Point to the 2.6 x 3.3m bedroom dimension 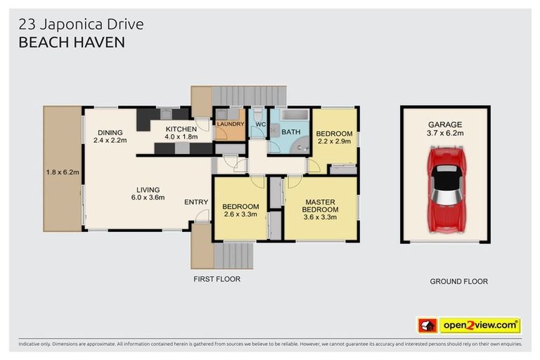click(x=240, y=215)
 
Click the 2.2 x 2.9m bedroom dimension click(x=334, y=142)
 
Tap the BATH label click(x=291, y=131)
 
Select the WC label click(x=260, y=124)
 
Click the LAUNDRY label click(x=230, y=124)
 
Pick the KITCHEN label click(x=181, y=129)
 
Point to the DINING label click(x=110, y=131)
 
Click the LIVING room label click(x=148, y=189)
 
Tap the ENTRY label click(x=196, y=202)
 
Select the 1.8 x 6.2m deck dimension click(x=63, y=172)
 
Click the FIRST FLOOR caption click(x=217, y=279)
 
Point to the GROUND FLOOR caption click(x=458, y=281)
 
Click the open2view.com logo click(x=478, y=325)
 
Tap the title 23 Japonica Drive click(x=80, y=25)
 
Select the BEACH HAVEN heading click(x=71, y=42)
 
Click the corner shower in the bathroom click(x=302, y=146)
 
